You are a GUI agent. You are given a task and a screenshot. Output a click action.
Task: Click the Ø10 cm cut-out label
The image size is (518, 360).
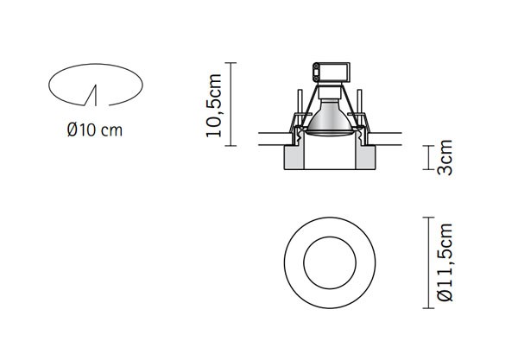(94, 131)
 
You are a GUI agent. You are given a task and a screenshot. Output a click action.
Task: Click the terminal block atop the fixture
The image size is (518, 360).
(328, 72)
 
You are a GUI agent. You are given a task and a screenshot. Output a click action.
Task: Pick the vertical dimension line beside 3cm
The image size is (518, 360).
(429, 159)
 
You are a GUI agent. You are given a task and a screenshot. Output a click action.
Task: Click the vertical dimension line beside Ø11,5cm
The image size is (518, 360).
(428, 263)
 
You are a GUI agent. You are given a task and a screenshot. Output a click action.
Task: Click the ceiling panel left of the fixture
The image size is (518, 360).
(271, 136)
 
